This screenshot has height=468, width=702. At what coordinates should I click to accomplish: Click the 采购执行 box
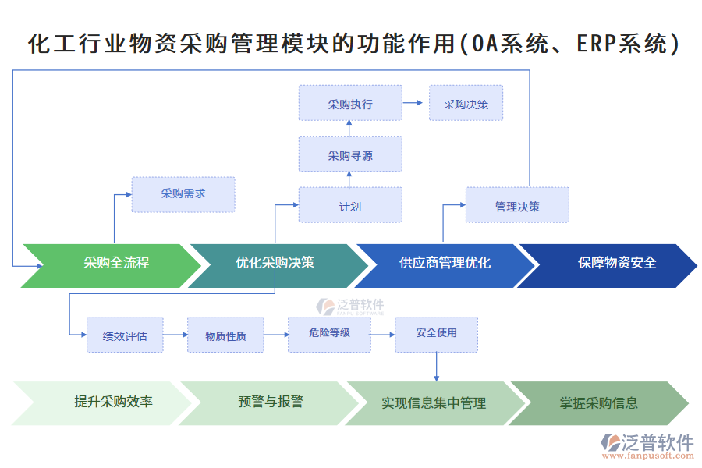[x=350, y=103]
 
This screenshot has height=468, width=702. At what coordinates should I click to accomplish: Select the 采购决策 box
[x=466, y=103]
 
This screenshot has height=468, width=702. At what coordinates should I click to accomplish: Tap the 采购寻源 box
[x=350, y=154]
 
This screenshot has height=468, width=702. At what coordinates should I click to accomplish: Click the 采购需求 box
[x=183, y=194]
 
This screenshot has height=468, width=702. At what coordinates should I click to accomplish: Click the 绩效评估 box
[x=125, y=335]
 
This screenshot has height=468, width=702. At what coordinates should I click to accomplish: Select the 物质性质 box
[x=225, y=335]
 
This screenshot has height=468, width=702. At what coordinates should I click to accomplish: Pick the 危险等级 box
[x=329, y=333]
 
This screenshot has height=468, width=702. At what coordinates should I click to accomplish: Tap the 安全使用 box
[x=436, y=333]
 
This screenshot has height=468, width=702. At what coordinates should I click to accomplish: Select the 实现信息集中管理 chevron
[x=433, y=403]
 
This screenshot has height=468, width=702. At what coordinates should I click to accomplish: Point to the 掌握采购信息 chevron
[x=598, y=403]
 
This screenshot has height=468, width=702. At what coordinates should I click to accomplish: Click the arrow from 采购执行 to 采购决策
[x=413, y=103]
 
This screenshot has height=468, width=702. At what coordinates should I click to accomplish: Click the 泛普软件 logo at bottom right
[x=647, y=445]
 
